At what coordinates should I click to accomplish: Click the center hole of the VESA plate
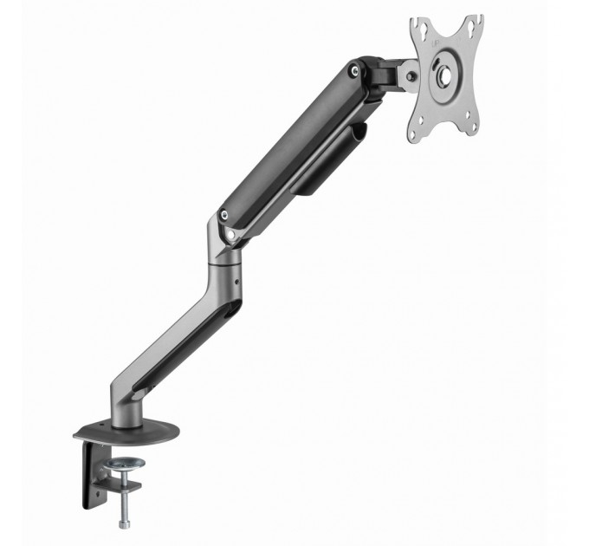[443, 77]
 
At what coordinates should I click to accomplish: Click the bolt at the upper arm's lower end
[224, 214]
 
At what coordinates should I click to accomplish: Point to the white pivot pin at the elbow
[232, 233]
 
